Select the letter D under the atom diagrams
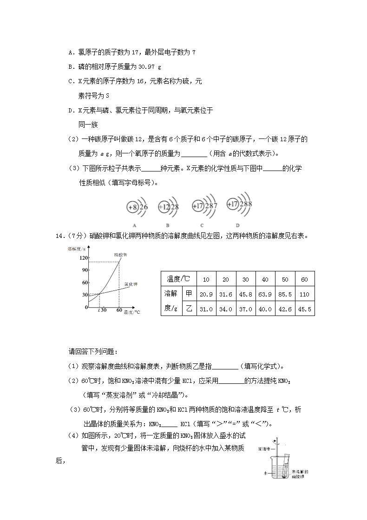point(237,225)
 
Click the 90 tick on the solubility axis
point(85,270)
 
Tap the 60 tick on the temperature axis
point(119,310)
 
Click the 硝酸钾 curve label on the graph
point(121,255)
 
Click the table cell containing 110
point(305,294)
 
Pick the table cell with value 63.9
point(265,294)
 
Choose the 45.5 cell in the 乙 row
point(305,309)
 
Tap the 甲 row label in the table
point(189,294)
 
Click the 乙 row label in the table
point(189,309)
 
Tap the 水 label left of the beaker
point(265,472)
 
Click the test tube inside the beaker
point(285,465)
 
